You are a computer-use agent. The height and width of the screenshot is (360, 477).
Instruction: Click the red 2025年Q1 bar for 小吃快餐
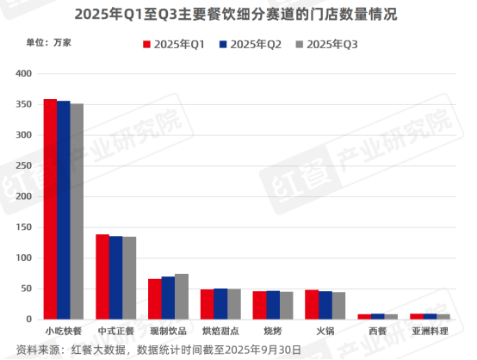pyautogui.click(x=50, y=209)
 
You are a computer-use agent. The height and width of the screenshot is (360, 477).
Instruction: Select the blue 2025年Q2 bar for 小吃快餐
pyautogui.click(x=64, y=210)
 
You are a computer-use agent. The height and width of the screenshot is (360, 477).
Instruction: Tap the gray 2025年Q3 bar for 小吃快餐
pyautogui.click(x=77, y=212)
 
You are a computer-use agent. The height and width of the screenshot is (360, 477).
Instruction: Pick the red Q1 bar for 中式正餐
pyautogui.click(x=102, y=276)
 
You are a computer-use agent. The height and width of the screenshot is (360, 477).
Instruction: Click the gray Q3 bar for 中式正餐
pyautogui.click(x=129, y=278)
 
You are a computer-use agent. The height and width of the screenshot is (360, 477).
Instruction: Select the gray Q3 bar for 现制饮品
pyautogui.click(x=182, y=296)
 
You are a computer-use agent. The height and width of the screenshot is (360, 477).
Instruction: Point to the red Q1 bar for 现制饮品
pyautogui.click(x=155, y=299)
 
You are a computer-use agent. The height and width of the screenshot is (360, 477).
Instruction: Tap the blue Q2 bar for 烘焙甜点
pyautogui.click(x=220, y=304)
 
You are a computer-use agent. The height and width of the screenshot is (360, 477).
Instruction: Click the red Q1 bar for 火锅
pyautogui.click(x=312, y=305)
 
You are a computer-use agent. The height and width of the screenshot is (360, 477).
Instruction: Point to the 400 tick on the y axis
pyautogui.click(x=26, y=74)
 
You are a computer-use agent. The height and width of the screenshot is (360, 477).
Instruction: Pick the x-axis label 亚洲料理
pyautogui.click(x=430, y=331)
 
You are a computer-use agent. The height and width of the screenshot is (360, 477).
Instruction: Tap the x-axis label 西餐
pyautogui.click(x=377, y=331)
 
